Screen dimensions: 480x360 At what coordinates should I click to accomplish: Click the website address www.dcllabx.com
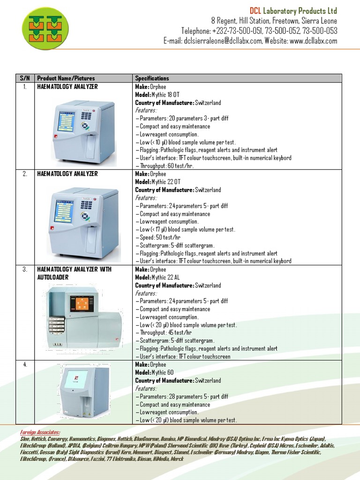tap(313, 41)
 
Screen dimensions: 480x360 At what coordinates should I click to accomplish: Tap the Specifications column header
tap(152, 78)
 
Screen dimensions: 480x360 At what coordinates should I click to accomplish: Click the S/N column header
tap(24, 78)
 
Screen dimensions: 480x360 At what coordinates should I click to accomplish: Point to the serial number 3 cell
tap(25, 270)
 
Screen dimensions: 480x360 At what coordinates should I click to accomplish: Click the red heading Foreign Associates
tap(40, 432)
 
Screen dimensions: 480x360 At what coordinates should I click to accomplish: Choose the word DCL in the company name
tap(255, 11)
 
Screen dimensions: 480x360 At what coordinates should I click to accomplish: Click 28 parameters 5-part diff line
tap(184, 397)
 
